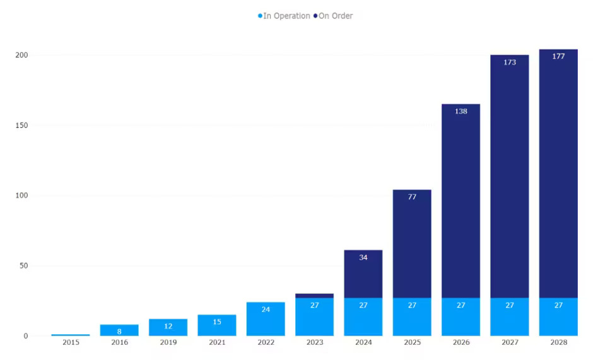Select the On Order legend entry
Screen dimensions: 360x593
pos(335,16)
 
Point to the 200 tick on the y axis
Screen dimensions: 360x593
pos(21,55)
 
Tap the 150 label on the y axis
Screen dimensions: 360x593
pos(21,125)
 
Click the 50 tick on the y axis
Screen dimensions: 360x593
pos(23,266)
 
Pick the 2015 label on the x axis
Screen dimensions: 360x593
pos(71,342)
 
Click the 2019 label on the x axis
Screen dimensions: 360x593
pos(168,342)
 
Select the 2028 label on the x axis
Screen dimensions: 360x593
pos(558,342)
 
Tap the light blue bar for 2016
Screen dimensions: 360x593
pos(119,330)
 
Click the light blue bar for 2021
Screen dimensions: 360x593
pos(216,325)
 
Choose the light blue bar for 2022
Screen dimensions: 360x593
pos(266,319)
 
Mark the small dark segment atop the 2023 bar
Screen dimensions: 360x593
pos(314,295)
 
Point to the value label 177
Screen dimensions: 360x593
pos(558,57)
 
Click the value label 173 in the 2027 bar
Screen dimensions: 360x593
pos(510,62)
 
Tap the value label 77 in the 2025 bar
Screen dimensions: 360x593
pos(412,197)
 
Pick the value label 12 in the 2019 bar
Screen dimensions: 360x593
pos(168,327)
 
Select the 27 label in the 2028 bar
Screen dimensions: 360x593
pos(558,306)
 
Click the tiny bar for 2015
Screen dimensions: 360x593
pos(71,335)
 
